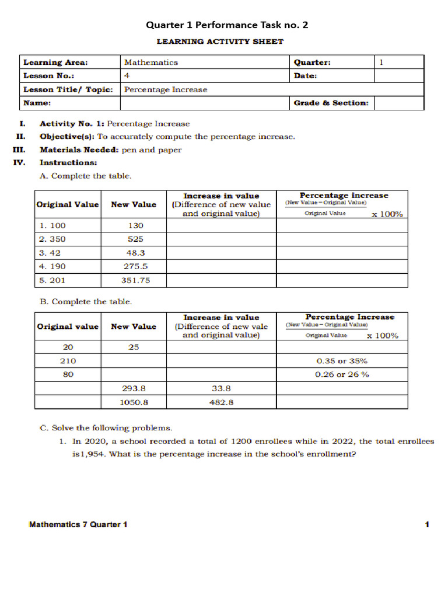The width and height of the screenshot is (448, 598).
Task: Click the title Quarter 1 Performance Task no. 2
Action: [227, 25]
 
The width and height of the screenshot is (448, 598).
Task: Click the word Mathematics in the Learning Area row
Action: [151, 62]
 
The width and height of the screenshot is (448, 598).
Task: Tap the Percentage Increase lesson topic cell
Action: [166, 89]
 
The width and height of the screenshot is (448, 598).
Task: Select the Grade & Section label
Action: [331, 103]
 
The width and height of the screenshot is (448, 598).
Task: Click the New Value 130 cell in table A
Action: [134, 226]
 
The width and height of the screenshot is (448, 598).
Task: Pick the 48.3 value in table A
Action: [134, 253]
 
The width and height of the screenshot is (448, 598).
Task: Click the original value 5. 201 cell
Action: [52, 280]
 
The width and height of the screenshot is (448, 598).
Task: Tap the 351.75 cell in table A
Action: [134, 280]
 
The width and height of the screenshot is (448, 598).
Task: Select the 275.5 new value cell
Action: [134, 267]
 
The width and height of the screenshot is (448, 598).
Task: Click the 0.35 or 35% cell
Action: [342, 361]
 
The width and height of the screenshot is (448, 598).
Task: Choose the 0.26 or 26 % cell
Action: [342, 375]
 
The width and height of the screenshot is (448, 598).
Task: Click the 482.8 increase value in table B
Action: [221, 402]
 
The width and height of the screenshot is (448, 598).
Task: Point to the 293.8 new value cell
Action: [134, 388]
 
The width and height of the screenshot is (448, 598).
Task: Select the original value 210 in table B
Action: [68, 361]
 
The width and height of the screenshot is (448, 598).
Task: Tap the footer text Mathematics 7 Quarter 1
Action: [78, 524]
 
